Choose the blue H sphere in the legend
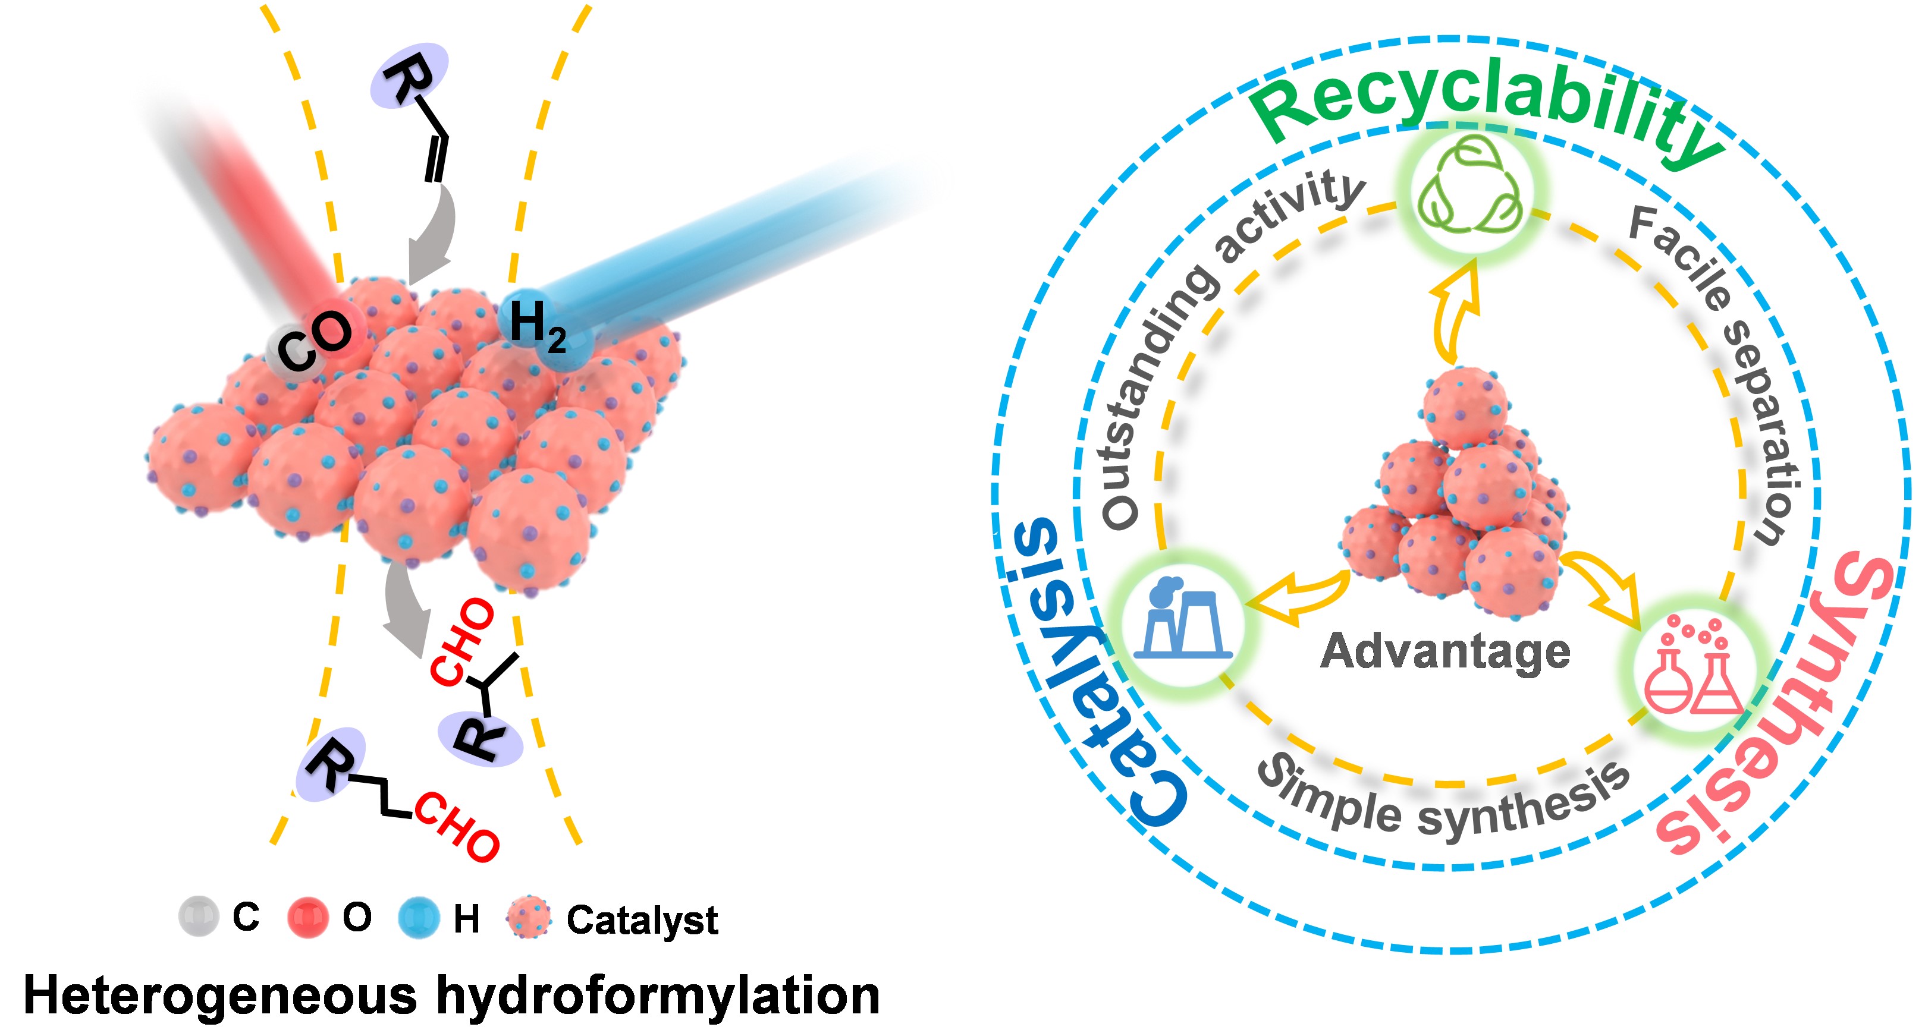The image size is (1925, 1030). pyautogui.click(x=419, y=917)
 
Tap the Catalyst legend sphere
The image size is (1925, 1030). pyautogui.click(x=528, y=917)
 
